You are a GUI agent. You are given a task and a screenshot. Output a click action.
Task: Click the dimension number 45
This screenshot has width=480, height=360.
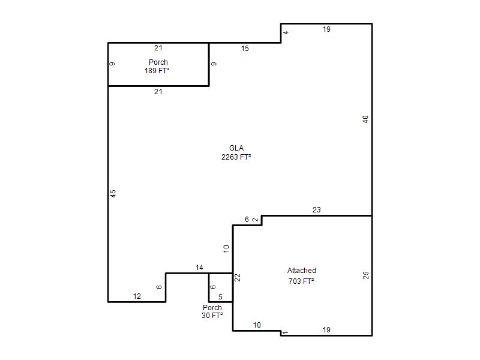point(113,193)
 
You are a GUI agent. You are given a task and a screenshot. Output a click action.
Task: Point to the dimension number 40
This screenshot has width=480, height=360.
point(365,119)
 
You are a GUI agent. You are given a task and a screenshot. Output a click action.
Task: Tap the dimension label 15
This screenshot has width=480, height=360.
point(245,49)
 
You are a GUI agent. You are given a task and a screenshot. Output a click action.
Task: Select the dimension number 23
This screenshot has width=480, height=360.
point(317,209)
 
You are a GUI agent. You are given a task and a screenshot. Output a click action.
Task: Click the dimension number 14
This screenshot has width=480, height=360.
point(199,268)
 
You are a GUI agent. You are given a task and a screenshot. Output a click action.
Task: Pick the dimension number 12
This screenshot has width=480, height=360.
point(137,296)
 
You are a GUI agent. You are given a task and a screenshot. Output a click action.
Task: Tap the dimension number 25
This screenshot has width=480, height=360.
point(366,275)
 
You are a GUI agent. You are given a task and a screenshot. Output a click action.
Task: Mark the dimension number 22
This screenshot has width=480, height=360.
point(238,278)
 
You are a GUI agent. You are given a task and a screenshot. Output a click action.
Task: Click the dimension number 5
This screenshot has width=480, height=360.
point(220,296)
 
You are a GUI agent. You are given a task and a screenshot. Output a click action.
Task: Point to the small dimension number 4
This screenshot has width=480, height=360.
point(286,32)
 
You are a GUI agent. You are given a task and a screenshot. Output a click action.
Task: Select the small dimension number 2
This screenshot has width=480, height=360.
point(256,220)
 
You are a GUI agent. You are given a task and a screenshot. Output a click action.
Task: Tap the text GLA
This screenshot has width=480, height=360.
point(236,148)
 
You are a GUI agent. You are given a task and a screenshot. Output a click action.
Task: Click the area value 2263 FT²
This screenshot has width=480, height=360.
point(236,157)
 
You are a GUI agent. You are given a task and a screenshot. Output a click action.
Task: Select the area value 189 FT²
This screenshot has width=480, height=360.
point(157,71)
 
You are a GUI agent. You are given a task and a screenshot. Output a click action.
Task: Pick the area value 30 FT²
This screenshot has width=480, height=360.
point(212,316)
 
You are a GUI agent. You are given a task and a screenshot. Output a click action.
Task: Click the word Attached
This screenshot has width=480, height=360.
point(302,271)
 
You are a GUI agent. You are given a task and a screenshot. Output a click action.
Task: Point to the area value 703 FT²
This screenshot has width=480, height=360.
point(301,281)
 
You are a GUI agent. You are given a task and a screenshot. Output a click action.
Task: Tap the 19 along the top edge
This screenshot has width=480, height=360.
point(326,29)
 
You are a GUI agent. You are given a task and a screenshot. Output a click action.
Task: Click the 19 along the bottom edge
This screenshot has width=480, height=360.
point(326,330)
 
